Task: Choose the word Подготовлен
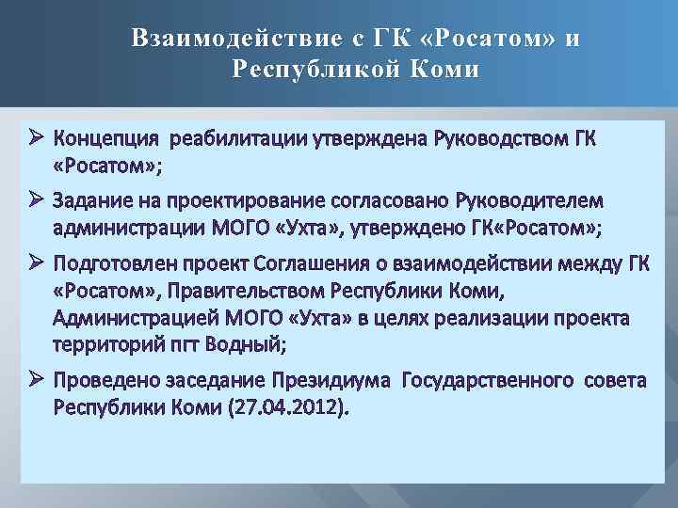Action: (x=113, y=262)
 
